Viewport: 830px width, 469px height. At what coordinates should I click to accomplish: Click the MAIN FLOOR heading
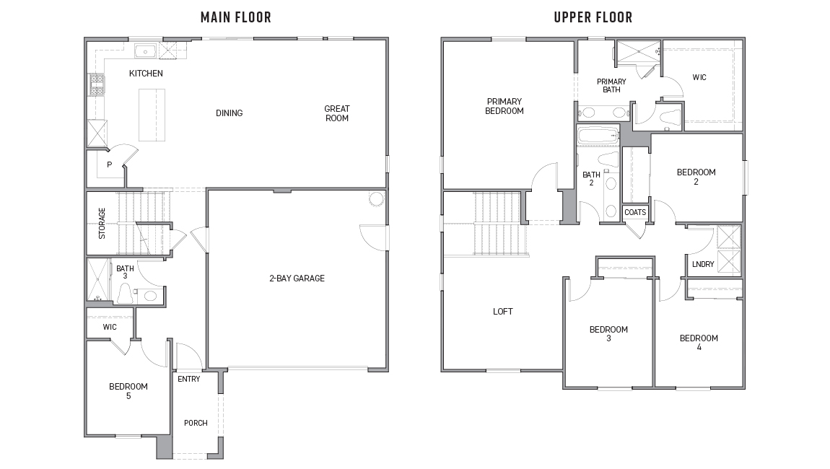click(x=236, y=17)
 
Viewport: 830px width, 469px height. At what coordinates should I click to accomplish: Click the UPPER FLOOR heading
click(x=593, y=17)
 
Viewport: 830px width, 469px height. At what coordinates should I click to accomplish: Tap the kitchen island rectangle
click(x=152, y=115)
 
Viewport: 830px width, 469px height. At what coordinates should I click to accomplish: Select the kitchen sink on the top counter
click(x=145, y=51)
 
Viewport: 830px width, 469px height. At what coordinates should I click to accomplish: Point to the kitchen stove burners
click(x=96, y=85)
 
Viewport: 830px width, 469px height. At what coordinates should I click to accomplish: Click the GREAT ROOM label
click(x=336, y=113)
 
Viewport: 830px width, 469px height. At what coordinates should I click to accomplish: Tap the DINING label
click(x=229, y=113)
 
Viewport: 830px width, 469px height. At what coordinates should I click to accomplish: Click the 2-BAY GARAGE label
click(x=297, y=278)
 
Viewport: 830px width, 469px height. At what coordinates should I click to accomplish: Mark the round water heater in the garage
click(x=376, y=198)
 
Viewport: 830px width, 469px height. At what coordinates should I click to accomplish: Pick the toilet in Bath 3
click(x=124, y=293)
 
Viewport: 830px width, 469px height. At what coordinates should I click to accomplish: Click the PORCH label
click(x=196, y=423)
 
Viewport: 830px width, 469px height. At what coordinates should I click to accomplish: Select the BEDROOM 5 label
click(x=128, y=390)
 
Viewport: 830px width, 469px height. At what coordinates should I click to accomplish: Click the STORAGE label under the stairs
click(x=102, y=223)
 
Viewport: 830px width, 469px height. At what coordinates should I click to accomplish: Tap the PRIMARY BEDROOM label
click(x=504, y=106)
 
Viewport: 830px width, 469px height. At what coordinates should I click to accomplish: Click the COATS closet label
click(x=635, y=212)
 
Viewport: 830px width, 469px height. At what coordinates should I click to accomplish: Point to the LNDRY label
click(x=702, y=264)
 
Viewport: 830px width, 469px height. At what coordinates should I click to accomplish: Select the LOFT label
click(x=503, y=311)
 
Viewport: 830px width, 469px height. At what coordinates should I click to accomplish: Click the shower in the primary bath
click(x=636, y=52)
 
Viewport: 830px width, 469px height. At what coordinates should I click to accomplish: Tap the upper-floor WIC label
click(x=699, y=77)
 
